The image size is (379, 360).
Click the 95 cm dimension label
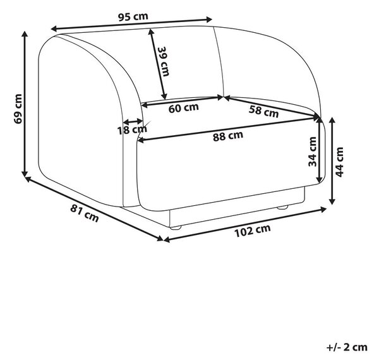click(133, 16)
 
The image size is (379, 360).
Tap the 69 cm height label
click(18, 109)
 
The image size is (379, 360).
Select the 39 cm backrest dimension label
click(164, 62)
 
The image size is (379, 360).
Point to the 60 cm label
click(183, 108)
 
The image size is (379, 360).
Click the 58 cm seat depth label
click(263, 112)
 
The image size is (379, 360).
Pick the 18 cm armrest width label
click(132, 130)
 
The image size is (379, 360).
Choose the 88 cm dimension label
click(228, 136)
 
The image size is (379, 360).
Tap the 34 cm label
click(312, 152)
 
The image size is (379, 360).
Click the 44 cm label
click(339, 162)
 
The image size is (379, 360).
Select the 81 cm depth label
click(85, 213)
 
